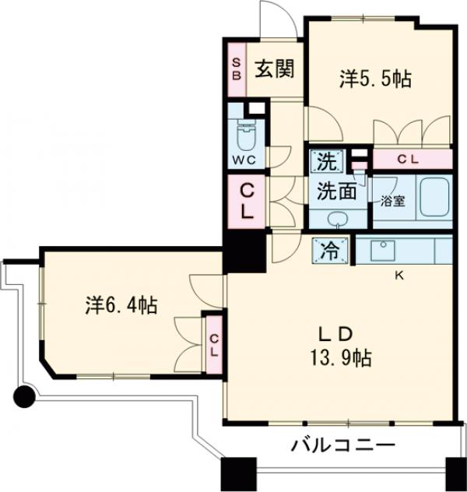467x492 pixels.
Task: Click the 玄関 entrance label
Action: click(272, 69)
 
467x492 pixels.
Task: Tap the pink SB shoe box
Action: click(236, 69)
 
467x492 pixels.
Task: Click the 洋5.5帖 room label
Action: click(375, 79)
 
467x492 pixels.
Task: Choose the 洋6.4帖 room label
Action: click(121, 304)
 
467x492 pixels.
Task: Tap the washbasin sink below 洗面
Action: click(338, 217)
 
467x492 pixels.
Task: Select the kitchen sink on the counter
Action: click(382, 250)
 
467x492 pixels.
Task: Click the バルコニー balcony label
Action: click(344, 446)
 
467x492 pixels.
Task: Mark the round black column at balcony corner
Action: click(26, 398)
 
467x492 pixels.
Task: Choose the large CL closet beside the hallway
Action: click(245, 200)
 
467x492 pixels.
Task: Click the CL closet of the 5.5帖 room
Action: click(413, 160)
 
